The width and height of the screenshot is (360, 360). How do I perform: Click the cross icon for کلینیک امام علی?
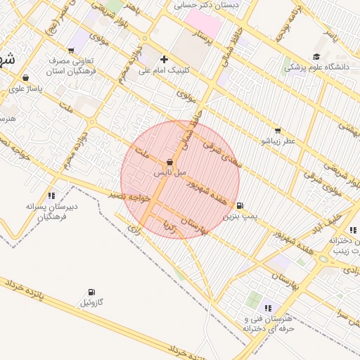point(165,59)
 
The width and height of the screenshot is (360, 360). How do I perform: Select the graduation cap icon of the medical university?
point(316,56)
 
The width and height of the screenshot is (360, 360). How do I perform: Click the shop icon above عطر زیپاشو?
point(278,130)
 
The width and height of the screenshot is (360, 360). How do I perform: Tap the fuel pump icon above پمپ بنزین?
point(240,206)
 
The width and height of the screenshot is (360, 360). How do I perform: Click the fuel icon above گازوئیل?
point(91,292)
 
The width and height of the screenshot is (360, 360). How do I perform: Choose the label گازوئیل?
point(91,302)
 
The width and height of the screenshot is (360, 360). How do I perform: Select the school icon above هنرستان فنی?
point(267,308)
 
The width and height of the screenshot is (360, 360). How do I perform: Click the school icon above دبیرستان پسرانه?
point(51,195)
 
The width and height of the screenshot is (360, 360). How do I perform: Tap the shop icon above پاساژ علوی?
point(26,78)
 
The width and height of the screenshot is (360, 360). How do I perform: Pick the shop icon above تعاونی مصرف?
point(71,50)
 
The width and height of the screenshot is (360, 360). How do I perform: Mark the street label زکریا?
point(168,226)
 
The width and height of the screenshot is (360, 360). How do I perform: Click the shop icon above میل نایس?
point(170,162)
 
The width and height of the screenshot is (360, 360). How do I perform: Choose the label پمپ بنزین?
point(237,217)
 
